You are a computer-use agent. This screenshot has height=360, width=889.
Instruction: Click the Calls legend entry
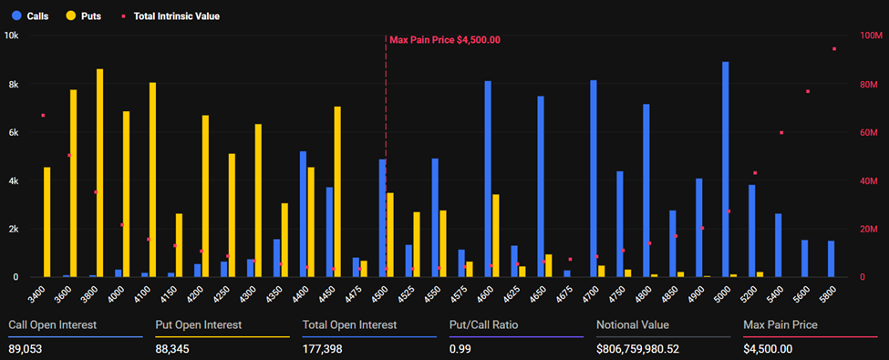click(x=29, y=15)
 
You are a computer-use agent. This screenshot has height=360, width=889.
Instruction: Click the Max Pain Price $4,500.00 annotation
click(x=444, y=40)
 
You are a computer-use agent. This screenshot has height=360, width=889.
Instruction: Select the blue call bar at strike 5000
click(x=726, y=170)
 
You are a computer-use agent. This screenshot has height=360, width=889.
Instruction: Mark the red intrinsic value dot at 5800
click(x=833, y=49)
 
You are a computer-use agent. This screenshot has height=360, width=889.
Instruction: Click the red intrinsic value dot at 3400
click(x=43, y=116)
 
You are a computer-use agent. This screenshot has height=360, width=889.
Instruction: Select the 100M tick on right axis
click(x=871, y=36)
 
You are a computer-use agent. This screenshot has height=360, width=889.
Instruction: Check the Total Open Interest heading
click(x=349, y=325)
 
